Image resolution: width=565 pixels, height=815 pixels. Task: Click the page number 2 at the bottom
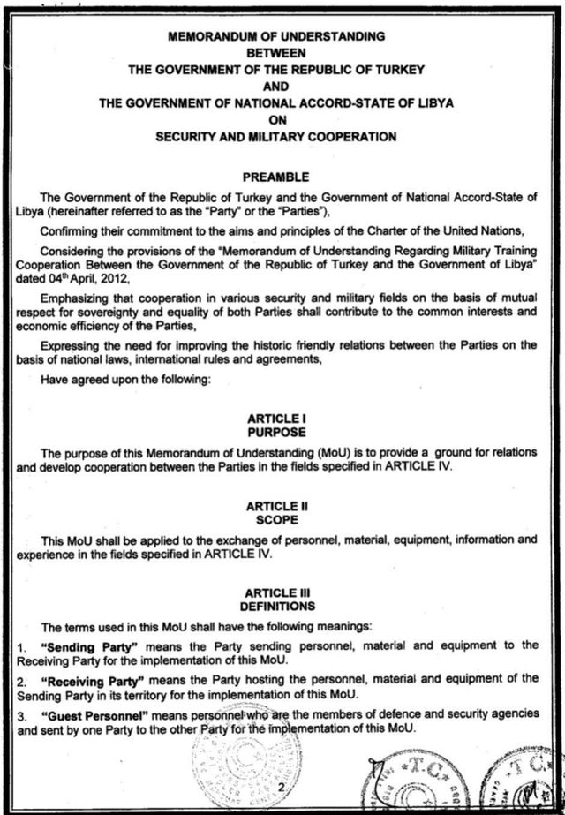coord(282,787)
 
